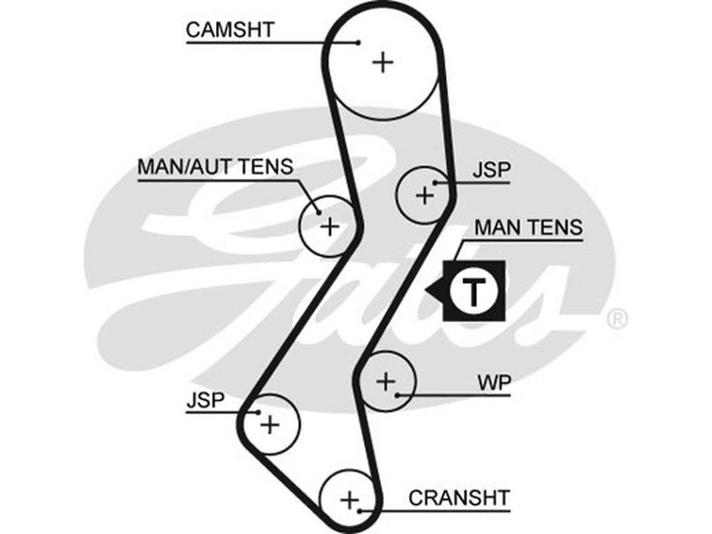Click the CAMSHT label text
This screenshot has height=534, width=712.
(230, 28)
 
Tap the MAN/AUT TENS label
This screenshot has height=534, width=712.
(214, 166)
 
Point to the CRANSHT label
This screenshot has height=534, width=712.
(459, 497)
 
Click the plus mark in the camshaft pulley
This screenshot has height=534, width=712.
(383, 61)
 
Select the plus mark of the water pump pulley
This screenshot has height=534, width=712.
(385, 382)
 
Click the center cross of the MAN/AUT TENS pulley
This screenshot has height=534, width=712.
(330, 225)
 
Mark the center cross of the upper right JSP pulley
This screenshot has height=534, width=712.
(425, 193)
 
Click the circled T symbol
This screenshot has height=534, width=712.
(475, 290)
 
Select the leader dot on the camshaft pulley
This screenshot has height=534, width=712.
(358, 41)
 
